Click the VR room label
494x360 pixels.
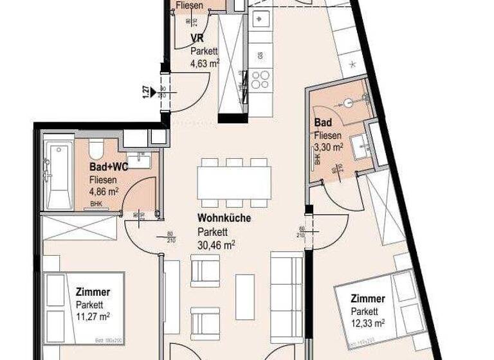[x=197, y=38]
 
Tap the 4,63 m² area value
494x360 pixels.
[x=205, y=63]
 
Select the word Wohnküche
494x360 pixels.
[x=223, y=219]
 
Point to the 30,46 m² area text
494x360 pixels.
[x=215, y=244]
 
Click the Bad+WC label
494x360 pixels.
[x=109, y=167]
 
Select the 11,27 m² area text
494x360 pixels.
[x=93, y=316]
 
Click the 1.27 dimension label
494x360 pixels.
[x=147, y=91]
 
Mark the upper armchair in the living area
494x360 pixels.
[x=206, y=270]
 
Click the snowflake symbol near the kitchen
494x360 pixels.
[x=353, y=64]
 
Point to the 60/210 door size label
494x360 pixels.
[x=300, y=231]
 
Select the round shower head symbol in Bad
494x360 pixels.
[x=348, y=102]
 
